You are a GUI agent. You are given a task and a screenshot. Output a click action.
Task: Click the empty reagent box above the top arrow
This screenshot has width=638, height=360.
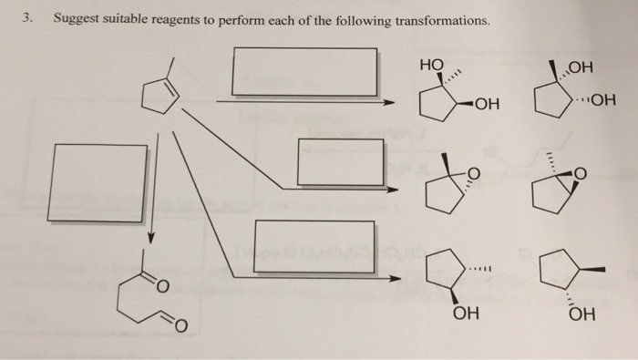304,71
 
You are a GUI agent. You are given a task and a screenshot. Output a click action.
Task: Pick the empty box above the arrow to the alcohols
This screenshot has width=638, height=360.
314,244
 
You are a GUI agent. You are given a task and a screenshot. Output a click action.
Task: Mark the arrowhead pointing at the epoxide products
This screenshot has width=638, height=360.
394,189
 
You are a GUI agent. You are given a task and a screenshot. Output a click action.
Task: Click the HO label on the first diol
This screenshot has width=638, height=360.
430,66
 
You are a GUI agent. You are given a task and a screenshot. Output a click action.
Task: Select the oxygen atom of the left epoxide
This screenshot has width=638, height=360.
470,173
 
